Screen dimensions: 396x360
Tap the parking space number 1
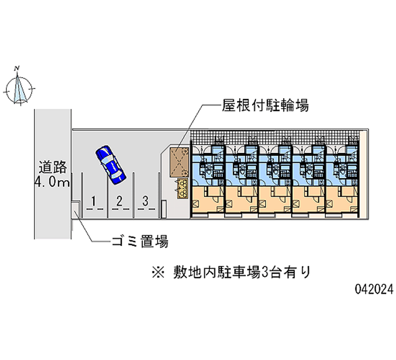point(94,202)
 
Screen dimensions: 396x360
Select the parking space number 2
point(119,201)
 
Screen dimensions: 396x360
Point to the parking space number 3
point(145,201)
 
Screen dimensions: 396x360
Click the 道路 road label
point(52,167)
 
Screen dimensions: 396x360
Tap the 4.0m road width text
point(52,182)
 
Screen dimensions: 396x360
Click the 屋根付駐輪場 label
point(265,105)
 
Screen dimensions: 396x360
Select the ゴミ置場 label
point(140,242)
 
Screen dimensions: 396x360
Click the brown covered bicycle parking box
point(179,162)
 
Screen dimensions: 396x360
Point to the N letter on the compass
point(17,68)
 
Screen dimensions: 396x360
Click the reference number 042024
point(374,289)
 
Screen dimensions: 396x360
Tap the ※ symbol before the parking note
point(158,272)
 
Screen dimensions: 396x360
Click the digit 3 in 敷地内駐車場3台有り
point(264,272)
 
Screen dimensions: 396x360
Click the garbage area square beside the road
point(76,209)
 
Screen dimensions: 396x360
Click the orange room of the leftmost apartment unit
point(207,200)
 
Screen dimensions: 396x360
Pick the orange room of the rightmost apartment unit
point(342,200)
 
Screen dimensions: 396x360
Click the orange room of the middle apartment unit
point(275,200)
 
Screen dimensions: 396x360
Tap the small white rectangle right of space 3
point(164,209)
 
